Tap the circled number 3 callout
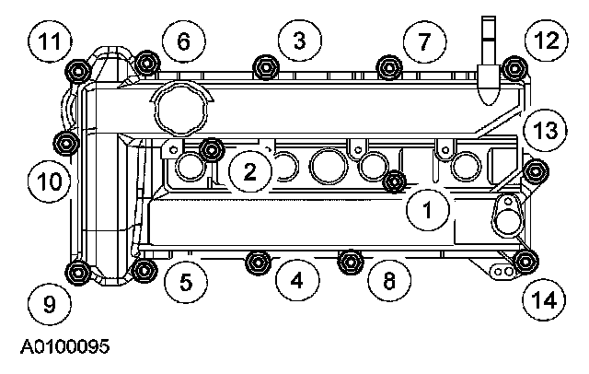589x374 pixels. click(x=299, y=40)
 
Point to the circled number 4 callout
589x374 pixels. click(x=295, y=280)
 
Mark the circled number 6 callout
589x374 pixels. click(x=182, y=41)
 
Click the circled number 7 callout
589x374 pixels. click(x=423, y=41)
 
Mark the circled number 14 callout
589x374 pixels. click(x=544, y=298)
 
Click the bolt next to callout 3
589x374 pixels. click(x=267, y=66)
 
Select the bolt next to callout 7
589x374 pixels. click(x=389, y=66)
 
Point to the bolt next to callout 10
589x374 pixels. click(x=66, y=143)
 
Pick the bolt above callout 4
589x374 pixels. click(x=257, y=262)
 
